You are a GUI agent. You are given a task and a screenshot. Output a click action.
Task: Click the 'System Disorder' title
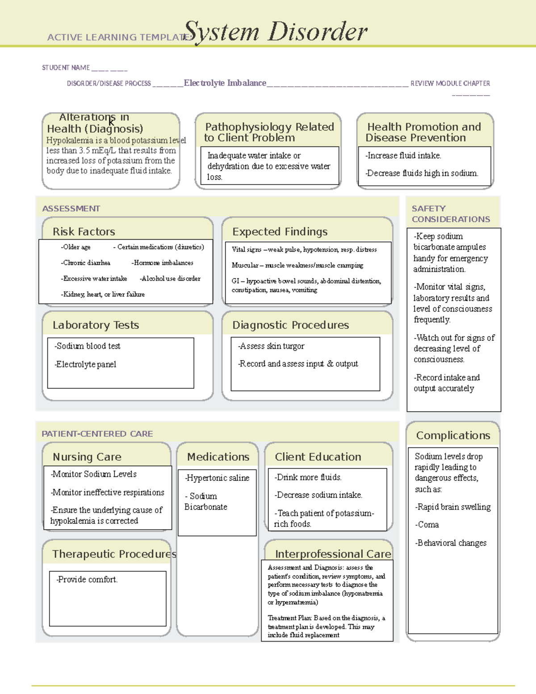click(276, 32)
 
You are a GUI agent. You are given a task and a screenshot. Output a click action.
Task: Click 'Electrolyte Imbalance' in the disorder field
click(225, 83)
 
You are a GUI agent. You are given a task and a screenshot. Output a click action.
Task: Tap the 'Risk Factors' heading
click(84, 231)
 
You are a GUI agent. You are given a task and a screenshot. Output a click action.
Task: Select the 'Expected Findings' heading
click(280, 231)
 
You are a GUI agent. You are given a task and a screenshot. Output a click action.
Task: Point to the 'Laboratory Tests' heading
click(96, 325)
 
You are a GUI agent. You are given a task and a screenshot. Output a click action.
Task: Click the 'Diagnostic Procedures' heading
click(290, 325)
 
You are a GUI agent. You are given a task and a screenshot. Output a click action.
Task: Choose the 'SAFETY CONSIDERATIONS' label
click(451, 214)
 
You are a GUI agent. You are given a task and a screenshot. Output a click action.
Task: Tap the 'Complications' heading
click(453, 435)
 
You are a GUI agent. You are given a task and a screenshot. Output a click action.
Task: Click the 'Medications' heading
click(218, 457)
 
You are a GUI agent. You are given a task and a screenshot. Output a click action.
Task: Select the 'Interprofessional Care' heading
click(333, 554)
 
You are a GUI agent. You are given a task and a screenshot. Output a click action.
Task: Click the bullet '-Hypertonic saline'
click(217, 478)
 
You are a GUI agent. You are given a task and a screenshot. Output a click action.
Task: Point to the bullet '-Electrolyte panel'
click(85, 364)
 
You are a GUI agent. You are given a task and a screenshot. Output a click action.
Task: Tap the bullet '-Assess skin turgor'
click(271, 346)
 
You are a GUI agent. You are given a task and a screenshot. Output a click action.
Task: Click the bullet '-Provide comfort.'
click(87, 580)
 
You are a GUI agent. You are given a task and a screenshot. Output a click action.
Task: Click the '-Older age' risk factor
click(75, 247)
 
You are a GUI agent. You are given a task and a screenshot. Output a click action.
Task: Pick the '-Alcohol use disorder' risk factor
click(170, 278)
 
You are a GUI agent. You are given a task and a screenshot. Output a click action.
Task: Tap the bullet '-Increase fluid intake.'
click(403, 156)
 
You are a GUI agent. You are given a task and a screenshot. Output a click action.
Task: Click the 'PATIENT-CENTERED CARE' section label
click(97, 434)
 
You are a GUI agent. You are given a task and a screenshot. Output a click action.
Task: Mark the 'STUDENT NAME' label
click(66, 67)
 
